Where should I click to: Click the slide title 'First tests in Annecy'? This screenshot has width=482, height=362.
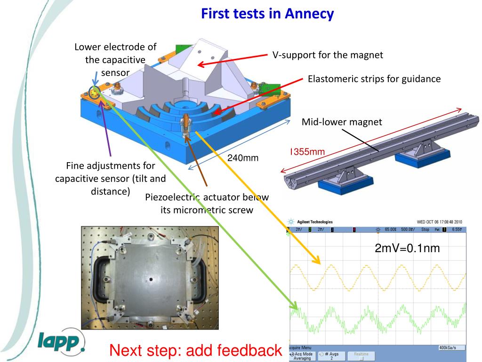coord(267,14)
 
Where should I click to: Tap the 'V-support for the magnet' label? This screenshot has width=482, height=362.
coord(328,55)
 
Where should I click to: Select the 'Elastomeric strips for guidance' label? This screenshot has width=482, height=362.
coord(374,79)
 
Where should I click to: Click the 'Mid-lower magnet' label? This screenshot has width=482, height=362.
coord(342,122)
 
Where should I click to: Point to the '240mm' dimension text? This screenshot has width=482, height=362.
coord(243,157)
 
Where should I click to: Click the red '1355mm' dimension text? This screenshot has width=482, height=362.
coord(307,152)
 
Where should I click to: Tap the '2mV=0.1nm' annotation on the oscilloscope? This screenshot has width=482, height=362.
coord(407,248)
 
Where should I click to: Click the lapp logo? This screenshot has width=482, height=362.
coord(61,342)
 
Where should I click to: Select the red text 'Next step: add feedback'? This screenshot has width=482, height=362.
coord(195,350)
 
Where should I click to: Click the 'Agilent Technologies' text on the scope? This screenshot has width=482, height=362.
coord(313,222)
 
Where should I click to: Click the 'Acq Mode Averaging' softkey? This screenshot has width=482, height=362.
coord(301,356)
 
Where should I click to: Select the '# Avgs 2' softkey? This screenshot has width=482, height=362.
coord(331,356)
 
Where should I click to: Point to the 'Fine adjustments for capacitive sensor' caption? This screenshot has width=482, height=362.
coord(111,179)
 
